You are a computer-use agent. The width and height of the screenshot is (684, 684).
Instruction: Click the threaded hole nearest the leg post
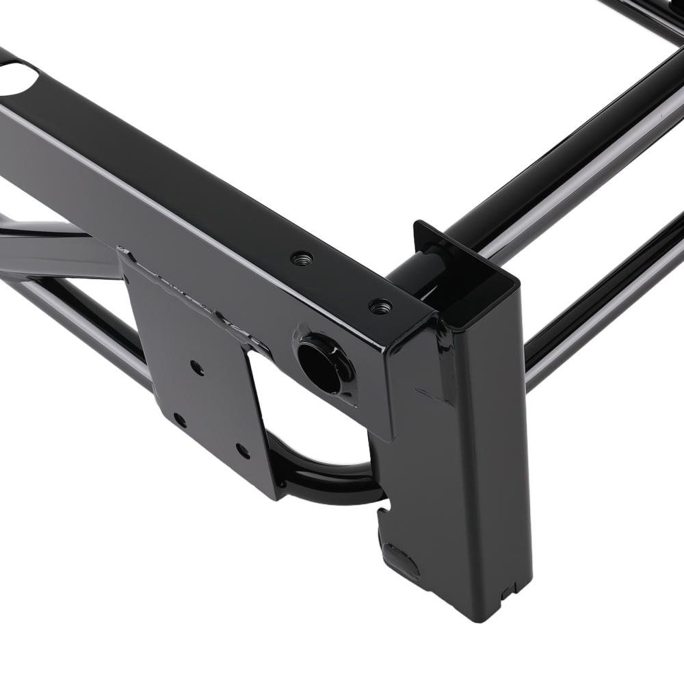pos(380,306)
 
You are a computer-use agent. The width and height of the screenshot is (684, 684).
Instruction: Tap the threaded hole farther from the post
pos(302,259)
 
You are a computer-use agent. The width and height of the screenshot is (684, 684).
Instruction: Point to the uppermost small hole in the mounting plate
pos(196,369)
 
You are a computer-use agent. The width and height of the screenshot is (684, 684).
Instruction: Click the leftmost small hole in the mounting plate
pos(180,418)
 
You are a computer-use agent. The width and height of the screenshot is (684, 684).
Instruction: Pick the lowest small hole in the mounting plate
pos(241,450)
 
